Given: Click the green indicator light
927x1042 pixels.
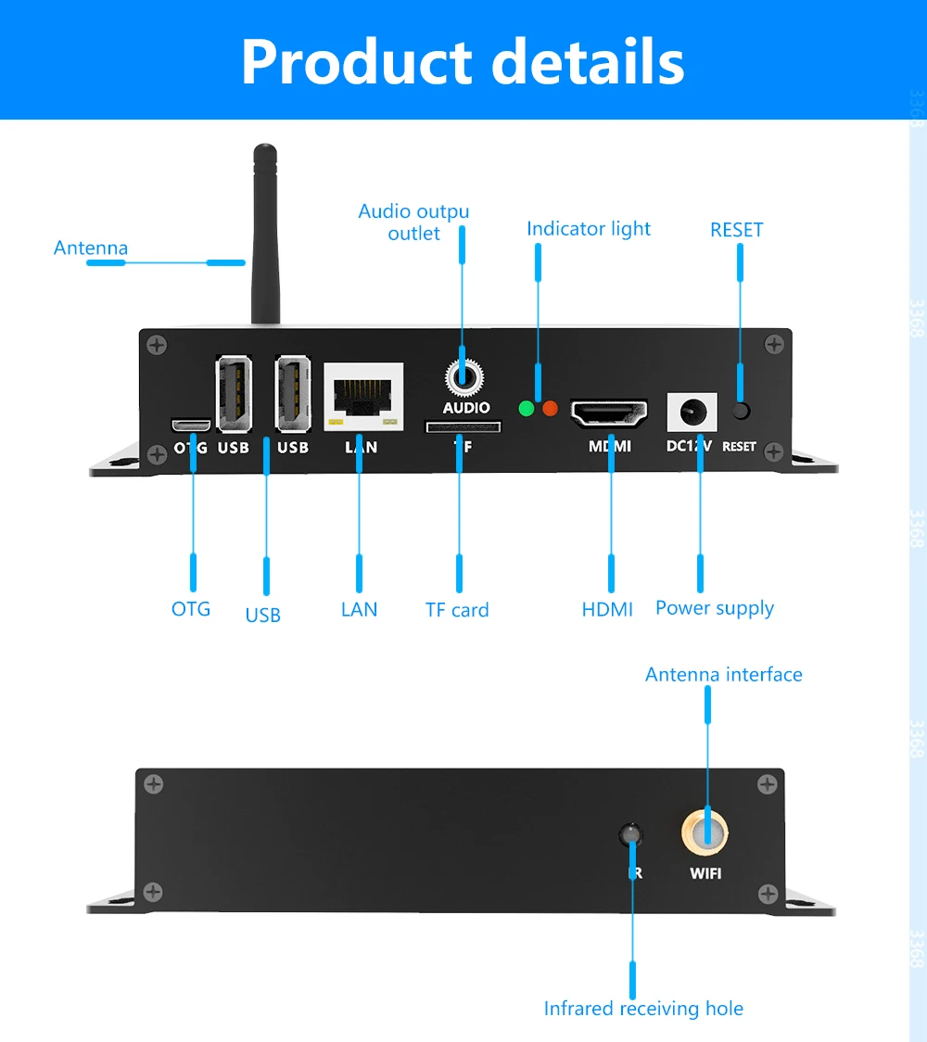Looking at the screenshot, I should click(527, 408).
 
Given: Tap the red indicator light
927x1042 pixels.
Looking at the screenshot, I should click(550, 408).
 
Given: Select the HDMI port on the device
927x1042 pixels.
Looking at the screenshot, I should click(609, 413).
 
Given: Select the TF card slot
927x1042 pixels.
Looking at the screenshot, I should click(463, 426).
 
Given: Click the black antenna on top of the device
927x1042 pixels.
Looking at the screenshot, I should click(266, 232).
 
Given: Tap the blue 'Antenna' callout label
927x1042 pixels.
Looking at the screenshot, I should click(91, 248).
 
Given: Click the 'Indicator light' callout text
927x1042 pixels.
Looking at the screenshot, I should click(589, 229).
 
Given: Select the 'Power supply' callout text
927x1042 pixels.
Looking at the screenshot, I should click(715, 608).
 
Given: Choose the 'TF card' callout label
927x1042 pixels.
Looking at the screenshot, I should click(457, 610).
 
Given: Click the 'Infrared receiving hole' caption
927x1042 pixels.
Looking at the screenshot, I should click(643, 1009).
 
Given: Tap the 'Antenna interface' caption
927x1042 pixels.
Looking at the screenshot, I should click(724, 674).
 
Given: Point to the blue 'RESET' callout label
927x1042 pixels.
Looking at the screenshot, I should click(737, 230).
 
